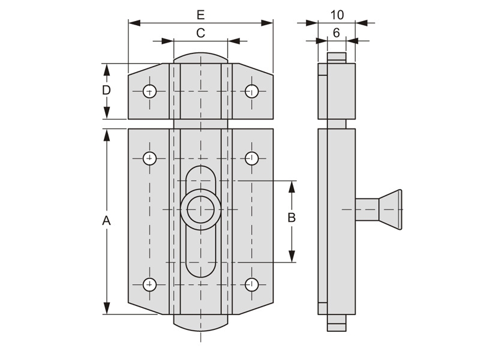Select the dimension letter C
pyautogui.click(x=200, y=33)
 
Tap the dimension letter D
pyautogui.click(x=106, y=90)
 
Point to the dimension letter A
pyautogui.click(x=106, y=221)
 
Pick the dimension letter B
pyautogui.click(x=292, y=217)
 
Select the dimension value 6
pyautogui.click(x=336, y=33)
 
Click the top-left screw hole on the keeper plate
pyautogui.click(x=149, y=91)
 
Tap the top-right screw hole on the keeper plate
pyautogui.click(x=252, y=91)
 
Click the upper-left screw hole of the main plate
pyautogui.click(x=149, y=158)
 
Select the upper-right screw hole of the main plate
pyautogui.click(x=252, y=158)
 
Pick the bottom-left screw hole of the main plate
pyautogui.click(x=149, y=284)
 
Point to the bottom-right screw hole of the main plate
pyautogui.click(x=252, y=284)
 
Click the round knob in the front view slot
pyautogui.click(x=200, y=209)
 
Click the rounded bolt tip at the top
pyautogui.click(x=200, y=58)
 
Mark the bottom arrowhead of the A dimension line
pyautogui.click(x=106, y=309)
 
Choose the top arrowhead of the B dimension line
pyautogui.click(x=292, y=186)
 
